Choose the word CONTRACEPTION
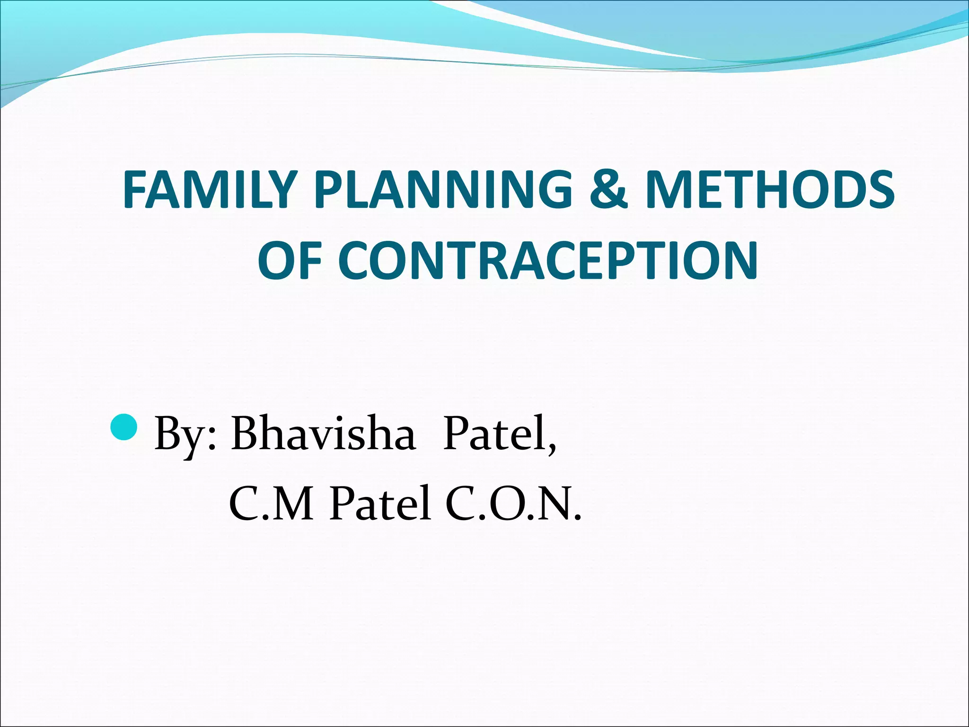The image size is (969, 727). (548, 260)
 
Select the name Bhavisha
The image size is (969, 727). (324, 433)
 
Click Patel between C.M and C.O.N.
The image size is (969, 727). (380, 503)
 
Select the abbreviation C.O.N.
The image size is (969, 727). (513, 503)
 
